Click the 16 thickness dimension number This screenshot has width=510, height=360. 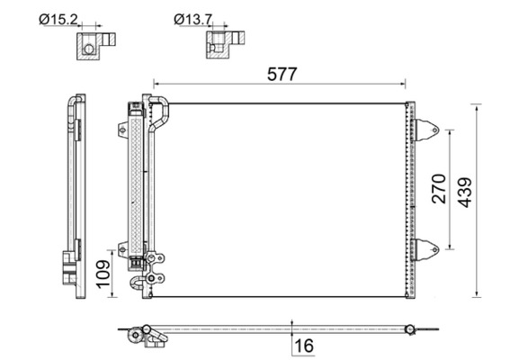tap(305, 346)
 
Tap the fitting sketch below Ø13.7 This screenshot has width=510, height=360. tap(226, 45)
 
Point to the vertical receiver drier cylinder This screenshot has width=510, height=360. tap(137, 180)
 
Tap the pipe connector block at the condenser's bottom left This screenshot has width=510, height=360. tap(153, 271)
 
